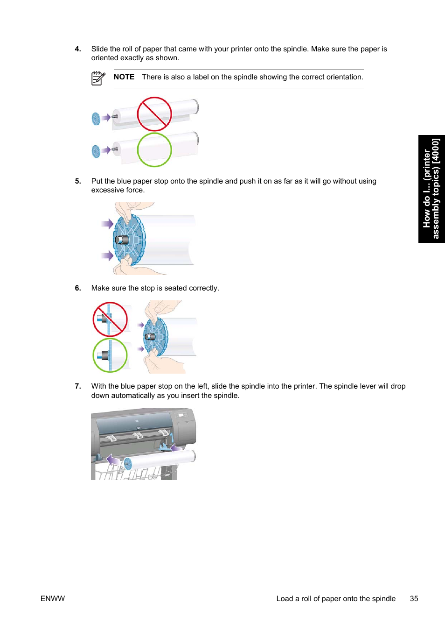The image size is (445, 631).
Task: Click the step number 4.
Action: coord(78,49)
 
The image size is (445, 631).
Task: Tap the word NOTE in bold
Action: coord(124,77)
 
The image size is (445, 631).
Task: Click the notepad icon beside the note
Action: coord(98,78)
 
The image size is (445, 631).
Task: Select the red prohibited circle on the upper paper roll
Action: coord(154,114)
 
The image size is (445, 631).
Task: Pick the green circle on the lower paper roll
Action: coord(154,149)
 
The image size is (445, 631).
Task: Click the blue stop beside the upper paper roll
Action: coord(96,119)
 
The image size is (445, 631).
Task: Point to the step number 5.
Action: coord(78,181)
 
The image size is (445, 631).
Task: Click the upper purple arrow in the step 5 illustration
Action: coord(108,224)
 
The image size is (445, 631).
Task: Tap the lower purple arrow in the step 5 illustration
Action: coord(108,255)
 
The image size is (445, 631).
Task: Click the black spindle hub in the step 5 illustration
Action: coord(122,240)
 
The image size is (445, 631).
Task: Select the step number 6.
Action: coord(78,288)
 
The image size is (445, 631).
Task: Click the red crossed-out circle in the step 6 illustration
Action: coord(110,319)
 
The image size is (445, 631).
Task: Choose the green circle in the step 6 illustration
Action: coord(110,355)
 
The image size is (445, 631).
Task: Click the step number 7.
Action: coord(78,386)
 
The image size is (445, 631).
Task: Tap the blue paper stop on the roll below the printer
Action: coord(128,463)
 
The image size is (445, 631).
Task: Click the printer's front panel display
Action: coord(181,415)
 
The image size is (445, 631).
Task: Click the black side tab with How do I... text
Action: coord(431,189)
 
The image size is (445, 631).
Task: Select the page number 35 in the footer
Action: coord(414,599)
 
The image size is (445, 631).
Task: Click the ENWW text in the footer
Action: coord(53,599)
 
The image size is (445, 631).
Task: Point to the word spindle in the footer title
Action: coord(383,599)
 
